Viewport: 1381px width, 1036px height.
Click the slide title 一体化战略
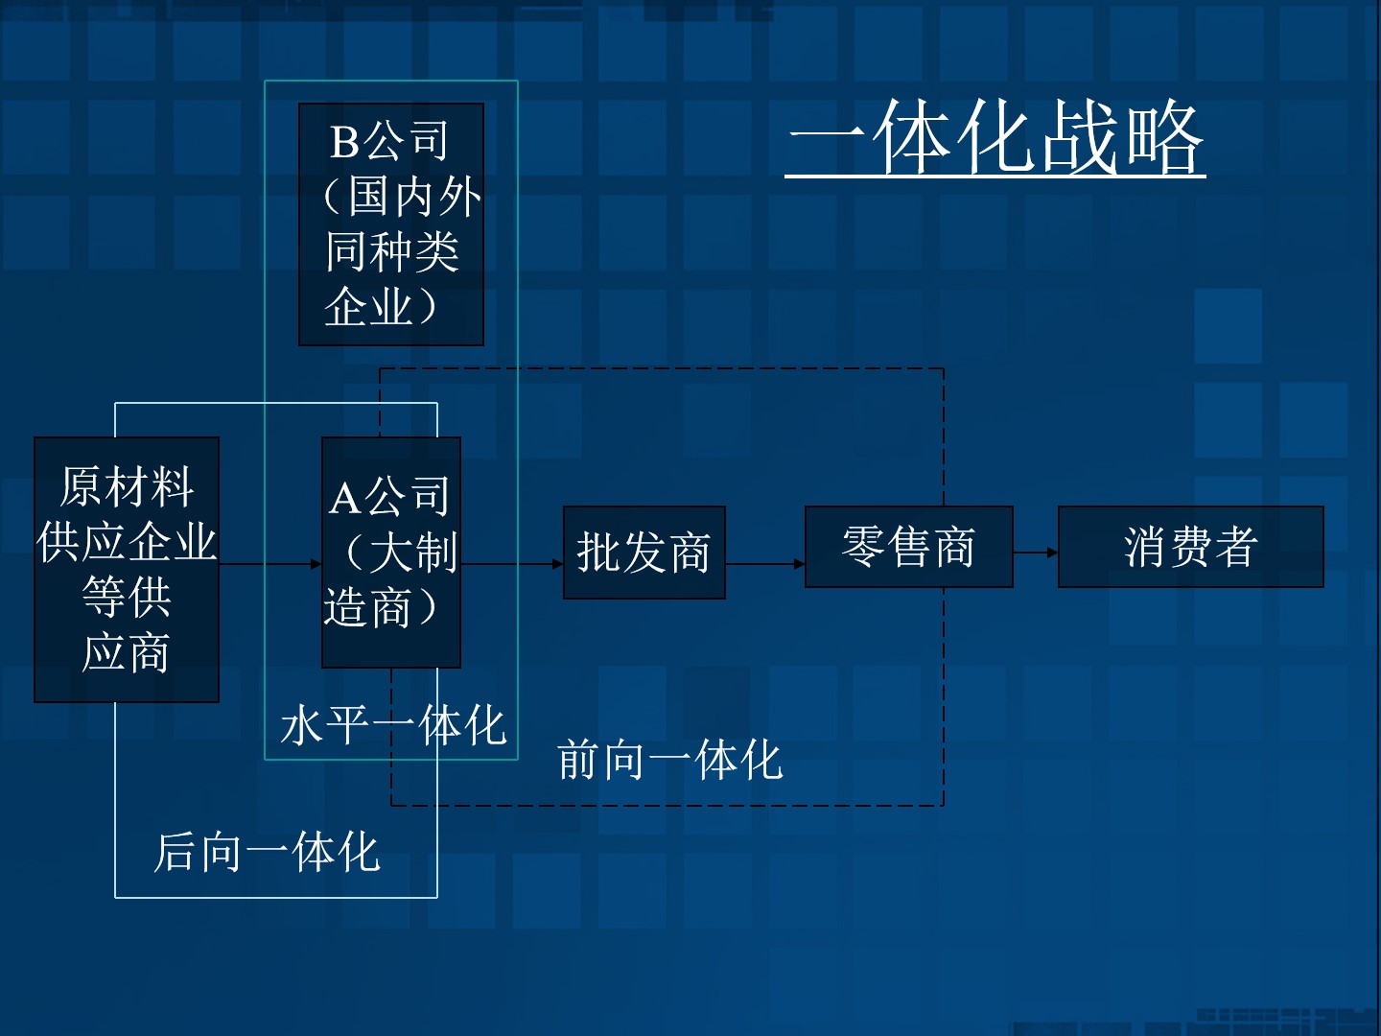pyautogui.click(x=995, y=139)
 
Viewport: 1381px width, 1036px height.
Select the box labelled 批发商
pyautogui.click(x=644, y=553)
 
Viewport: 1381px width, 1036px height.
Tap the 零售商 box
pyautogui.click(x=908, y=547)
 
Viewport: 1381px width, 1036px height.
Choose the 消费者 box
pyautogui.click(x=1190, y=547)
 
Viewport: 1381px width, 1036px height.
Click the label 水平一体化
pyautogui.click(x=392, y=725)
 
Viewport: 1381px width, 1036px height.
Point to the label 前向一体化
pyautogui.click(x=669, y=761)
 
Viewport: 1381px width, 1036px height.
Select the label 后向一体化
pyautogui.click(x=267, y=852)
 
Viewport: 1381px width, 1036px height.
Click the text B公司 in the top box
pyautogui.click(x=388, y=142)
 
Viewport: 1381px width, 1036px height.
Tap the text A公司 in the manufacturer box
pyautogui.click(x=389, y=497)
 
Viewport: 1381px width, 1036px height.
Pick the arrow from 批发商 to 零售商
pyautogui.click(x=765, y=564)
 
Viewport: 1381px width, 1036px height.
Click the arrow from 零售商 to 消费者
pyautogui.click(x=1036, y=553)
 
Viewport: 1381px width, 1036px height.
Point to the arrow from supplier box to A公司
pyautogui.click(x=270, y=564)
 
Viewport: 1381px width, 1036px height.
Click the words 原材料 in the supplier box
pyautogui.click(x=127, y=486)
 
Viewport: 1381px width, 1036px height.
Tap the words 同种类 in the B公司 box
pyautogui.click(x=392, y=252)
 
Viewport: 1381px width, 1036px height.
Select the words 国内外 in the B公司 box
pyautogui.click(x=413, y=197)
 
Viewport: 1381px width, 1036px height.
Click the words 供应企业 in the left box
pyautogui.click(x=127, y=542)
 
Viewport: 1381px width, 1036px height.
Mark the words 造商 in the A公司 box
pyautogui.click(x=367, y=608)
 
